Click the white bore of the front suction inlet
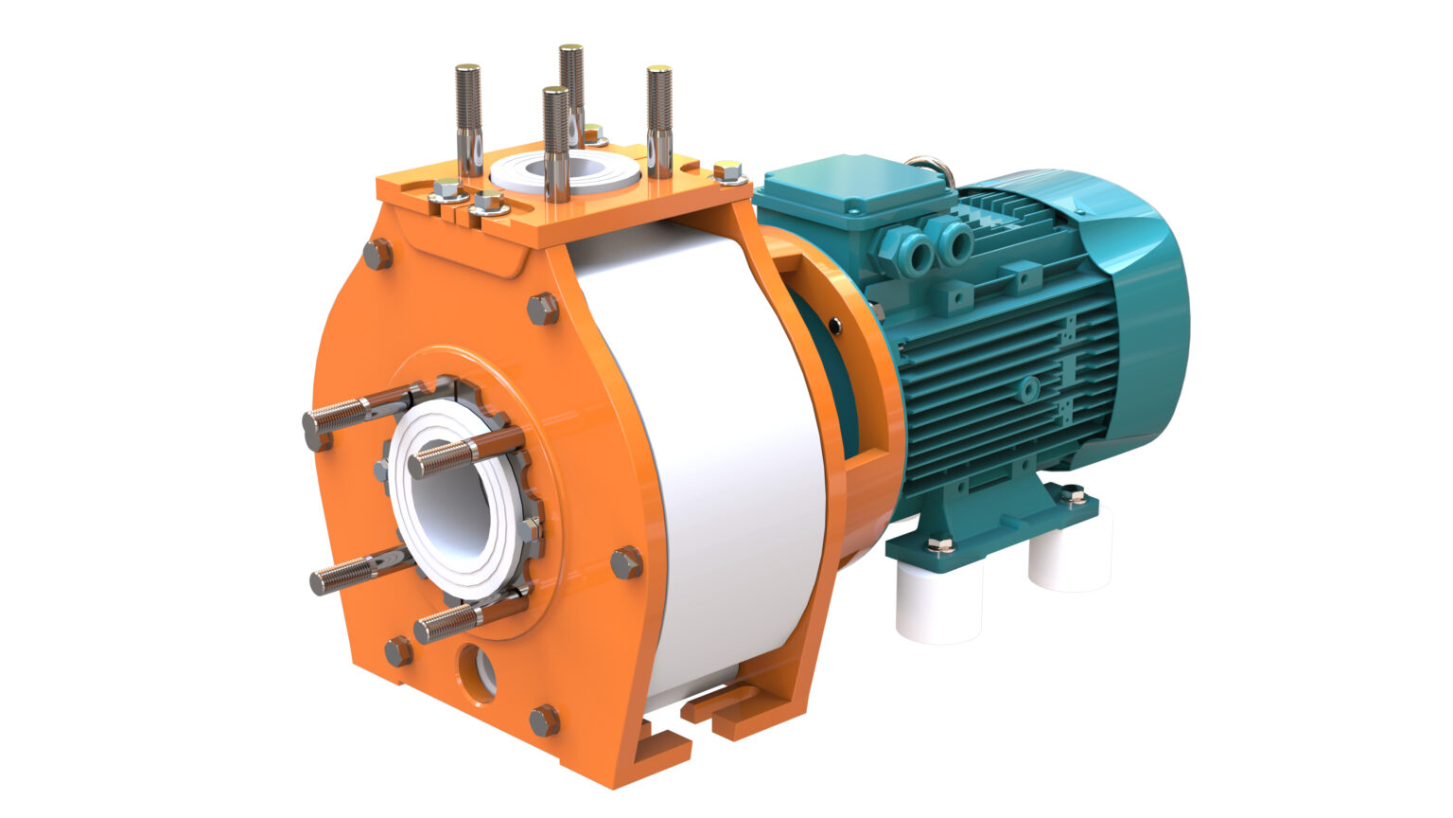point(452,502)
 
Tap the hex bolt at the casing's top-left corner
point(377,253)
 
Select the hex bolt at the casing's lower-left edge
point(398,651)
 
